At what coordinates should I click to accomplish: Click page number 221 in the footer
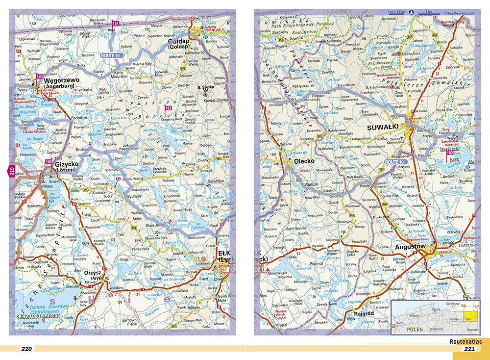[469, 349]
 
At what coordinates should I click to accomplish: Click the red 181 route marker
[115, 24]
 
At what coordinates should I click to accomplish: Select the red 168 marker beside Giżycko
[49, 162]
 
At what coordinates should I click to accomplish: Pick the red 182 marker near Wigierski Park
[449, 154]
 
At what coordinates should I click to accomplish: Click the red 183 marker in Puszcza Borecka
[169, 107]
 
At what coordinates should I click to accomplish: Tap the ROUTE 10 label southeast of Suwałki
[395, 162]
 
